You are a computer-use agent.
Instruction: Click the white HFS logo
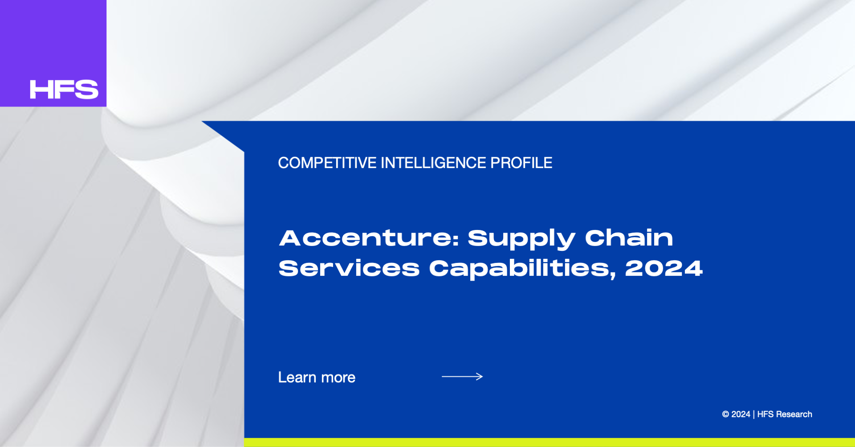[64, 90]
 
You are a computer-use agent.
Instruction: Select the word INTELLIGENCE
[433, 163]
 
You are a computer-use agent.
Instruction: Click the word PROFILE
[521, 163]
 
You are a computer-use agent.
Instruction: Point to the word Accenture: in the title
[369, 238]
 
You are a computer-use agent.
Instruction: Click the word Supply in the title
[521, 239]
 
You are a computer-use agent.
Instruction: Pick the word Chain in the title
[629, 238]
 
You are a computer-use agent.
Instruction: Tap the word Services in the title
[349, 268]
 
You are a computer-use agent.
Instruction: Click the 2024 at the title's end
[664, 268]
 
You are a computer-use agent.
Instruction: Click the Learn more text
[317, 377]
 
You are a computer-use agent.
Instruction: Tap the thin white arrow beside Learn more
[462, 377]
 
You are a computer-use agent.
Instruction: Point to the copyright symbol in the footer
[725, 414]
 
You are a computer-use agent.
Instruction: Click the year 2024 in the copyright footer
[741, 414]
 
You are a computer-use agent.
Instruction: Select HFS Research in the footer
[785, 414]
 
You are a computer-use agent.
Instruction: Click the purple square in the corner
[53, 53]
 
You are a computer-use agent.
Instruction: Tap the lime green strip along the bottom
[550, 443]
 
